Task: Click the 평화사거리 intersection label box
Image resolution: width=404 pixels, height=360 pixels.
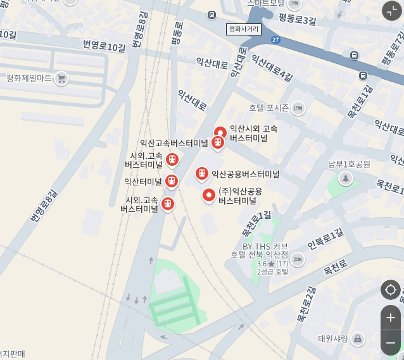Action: tap(244, 29)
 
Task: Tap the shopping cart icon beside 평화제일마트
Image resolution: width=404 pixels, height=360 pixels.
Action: tap(61, 78)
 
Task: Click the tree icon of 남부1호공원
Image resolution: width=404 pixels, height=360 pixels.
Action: tap(345, 179)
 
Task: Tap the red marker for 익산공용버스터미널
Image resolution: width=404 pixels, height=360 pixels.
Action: tap(202, 173)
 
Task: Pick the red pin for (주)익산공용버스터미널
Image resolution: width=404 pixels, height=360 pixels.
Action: tap(209, 195)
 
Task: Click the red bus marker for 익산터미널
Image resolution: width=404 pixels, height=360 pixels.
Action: tap(172, 182)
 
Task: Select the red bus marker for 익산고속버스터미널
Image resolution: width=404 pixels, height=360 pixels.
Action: tap(218, 143)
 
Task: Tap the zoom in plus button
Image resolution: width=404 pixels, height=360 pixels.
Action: tap(391, 318)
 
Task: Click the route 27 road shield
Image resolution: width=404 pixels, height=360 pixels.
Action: tap(275, 40)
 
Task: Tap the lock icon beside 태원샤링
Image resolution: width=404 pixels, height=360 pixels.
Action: tap(358, 339)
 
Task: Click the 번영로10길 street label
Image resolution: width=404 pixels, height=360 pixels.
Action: tap(104, 46)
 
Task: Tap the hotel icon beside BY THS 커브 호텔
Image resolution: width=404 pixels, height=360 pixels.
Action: tap(298, 259)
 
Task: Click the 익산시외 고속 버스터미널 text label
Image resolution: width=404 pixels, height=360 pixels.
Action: tap(253, 133)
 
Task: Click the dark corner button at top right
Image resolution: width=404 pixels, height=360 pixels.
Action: tap(391, 10)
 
